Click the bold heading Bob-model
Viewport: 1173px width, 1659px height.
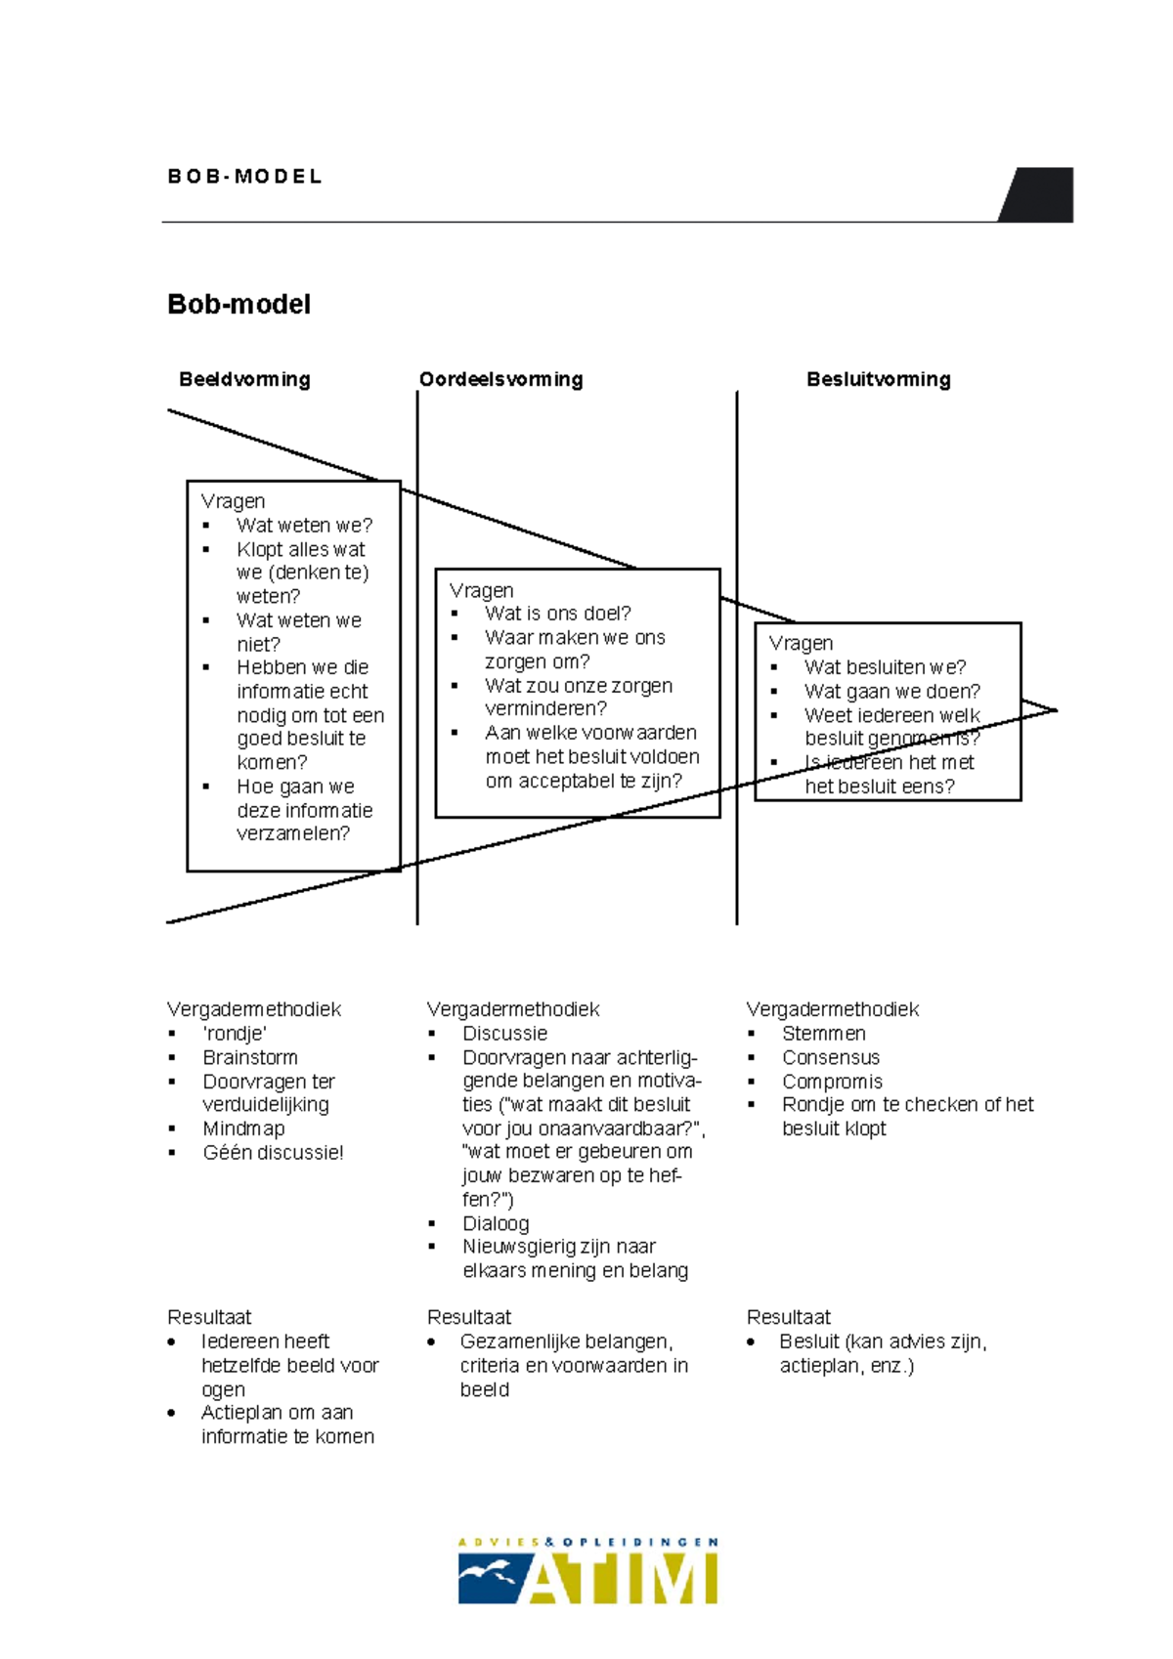[239, 304]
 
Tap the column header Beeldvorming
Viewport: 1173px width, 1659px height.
[244, 379]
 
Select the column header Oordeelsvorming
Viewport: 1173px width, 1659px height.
[500, 379]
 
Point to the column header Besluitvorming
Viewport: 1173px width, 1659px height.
[878, 379]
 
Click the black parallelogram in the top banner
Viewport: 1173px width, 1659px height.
[1039, 194]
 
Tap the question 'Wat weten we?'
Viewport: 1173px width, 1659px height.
[304, 526]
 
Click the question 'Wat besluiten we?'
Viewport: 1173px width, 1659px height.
[885, 667]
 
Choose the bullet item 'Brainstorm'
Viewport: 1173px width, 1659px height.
[250, 1057]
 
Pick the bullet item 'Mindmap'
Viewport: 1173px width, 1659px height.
[243, 1128]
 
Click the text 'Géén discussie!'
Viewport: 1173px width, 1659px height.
[273, 1153]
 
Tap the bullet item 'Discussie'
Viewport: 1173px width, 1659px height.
[504, 1034]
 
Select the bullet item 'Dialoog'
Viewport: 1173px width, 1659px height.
[496, 1223]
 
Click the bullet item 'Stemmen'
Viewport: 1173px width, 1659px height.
[823, 1034]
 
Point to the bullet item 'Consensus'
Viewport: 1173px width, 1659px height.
[830, 1057]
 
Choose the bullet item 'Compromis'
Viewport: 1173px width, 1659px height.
[832, 1082]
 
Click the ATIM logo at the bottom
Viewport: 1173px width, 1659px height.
[587, 1571]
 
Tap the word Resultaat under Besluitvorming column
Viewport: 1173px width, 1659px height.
[788, 1317]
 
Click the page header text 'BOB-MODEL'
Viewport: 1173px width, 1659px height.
[244, 177]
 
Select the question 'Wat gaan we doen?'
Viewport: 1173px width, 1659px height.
[891, 692]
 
